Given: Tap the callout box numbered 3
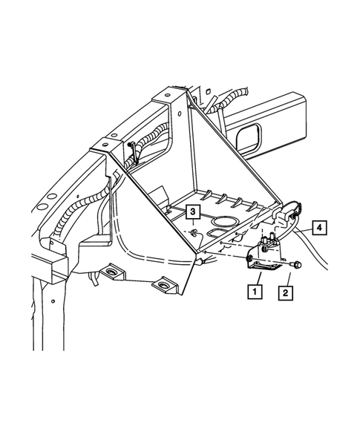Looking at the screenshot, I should [x=192, y=213].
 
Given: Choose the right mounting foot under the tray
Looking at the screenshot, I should [x=160, y=286].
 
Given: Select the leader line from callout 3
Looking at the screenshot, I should [x=192, y=224].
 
